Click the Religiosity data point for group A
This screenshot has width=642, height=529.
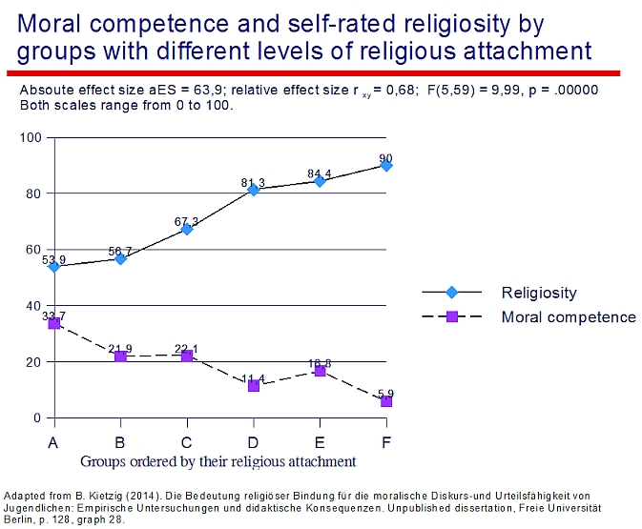54,267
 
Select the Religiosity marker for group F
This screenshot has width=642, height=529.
386,165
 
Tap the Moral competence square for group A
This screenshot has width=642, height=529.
54,323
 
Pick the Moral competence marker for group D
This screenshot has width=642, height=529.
254,385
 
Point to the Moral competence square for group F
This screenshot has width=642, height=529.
386,401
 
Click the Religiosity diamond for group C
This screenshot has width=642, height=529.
187,229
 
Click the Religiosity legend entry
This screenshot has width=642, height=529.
539,293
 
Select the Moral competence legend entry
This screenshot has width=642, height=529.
568,316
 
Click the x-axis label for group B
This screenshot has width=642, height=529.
120,442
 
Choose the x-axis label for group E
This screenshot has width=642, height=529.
320,442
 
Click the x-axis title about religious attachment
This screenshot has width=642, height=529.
218,461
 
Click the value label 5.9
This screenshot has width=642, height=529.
385,393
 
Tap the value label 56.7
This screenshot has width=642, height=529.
120,252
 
